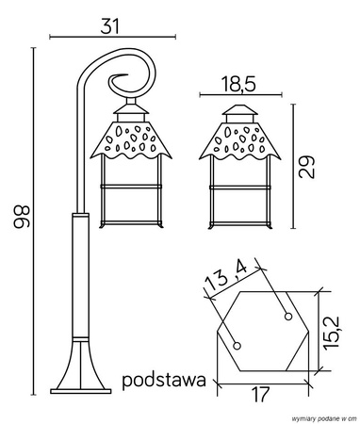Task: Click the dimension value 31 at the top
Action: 111,25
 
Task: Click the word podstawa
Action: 164,382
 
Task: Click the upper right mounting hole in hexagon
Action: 287,316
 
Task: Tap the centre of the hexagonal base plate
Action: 263,331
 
